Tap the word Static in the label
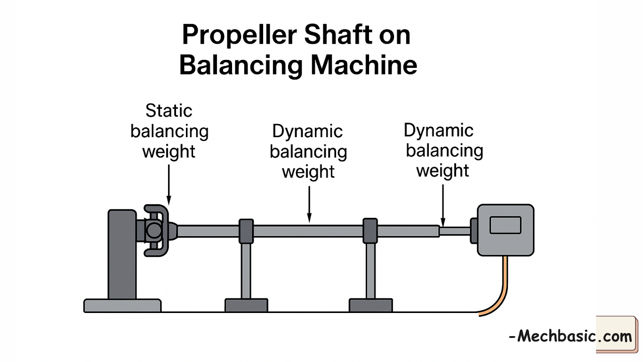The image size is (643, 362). tap(169, 111)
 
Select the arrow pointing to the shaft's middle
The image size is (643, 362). tap(309, 203)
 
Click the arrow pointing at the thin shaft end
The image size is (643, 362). tap(442, 205)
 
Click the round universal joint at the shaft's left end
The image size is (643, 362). tap(153, 230)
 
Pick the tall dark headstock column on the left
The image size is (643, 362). tap(122, 255)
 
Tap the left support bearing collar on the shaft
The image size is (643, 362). tap(246, 231)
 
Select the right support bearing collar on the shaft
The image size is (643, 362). tap(370, 231)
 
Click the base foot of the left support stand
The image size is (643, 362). tap(246, 305)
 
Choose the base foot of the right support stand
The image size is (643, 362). tap(370, 305)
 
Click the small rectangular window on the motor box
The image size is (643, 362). tap(506, 225)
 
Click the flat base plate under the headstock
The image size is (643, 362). tap(122, 305)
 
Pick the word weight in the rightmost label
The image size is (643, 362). tap(443, 171)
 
